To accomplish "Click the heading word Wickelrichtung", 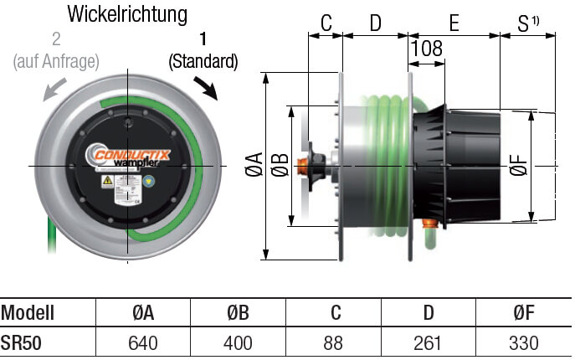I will [x=127, y=14].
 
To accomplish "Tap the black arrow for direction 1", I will [x=205, y=86].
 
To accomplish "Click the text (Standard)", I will [x=203, y=61].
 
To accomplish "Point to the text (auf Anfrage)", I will [x=57, y=61].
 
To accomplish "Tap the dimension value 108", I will [x=427, y=49].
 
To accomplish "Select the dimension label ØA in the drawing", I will [x=254, y=166].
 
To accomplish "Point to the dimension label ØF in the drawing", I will [x=519, y=166].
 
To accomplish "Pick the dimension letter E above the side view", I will [x=454, y=23].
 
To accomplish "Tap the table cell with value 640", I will [x=143, y=343].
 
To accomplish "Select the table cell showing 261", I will [x=429, y=343].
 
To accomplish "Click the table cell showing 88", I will [x=335, y=343].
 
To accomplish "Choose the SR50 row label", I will [x=21, y=343].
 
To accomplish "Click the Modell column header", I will [x=28, y=313].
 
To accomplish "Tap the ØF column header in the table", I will [x=523, y=313].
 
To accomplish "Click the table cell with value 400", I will [x=239, y=343].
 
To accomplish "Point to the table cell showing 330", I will [x=523, y=343].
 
